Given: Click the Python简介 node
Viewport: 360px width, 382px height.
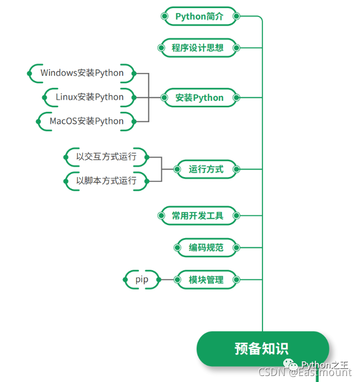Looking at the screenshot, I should tap(199, 16).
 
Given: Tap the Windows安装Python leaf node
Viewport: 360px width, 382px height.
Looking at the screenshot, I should tap(82, 73).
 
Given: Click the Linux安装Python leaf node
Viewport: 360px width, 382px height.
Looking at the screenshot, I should tap(90, 97).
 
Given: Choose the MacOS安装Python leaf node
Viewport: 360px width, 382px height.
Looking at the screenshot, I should tap(87, 121).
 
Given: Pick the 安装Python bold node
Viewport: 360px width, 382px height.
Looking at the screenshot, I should tap(199, 98).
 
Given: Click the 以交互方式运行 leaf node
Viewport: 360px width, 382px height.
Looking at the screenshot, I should tap(106, 157).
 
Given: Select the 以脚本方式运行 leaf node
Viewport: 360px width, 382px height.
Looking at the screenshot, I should tap(106, 181).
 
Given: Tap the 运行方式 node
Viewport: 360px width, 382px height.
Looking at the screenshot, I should tap(206, 169).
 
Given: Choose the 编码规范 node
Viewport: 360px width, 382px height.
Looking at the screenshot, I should tap(206, 248).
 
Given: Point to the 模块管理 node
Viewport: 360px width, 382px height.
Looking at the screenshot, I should tap(206, 280).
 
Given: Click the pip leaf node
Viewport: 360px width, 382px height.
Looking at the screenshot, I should tap(142, 280).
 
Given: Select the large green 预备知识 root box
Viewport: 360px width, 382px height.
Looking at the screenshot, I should tap(262, 349).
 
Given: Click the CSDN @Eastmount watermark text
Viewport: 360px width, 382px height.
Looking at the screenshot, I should tap(304, 373).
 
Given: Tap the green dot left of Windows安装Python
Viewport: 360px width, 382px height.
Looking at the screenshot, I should tap(29, 73).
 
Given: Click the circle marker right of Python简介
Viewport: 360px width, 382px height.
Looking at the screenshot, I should tap(236, 16).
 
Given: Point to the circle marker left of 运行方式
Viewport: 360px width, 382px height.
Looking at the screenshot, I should tap(177, 169).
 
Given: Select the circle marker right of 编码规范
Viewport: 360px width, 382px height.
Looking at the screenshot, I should tap(236, 248).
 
